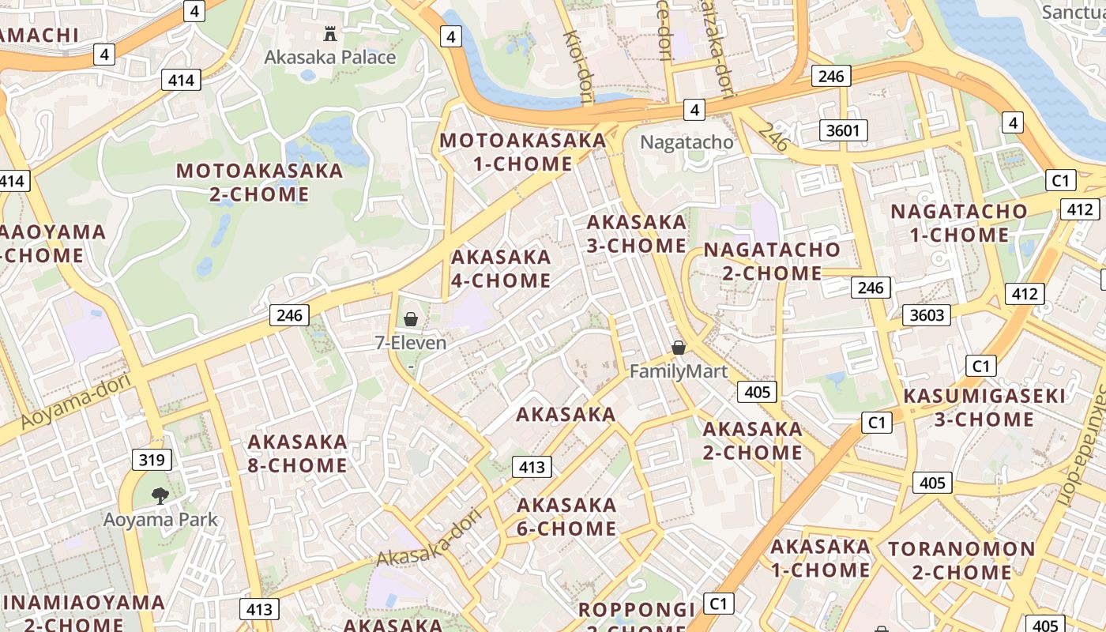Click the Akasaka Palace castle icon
pos(330,34)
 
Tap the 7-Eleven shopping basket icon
pos(411,319)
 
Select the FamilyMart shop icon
pos(678,348)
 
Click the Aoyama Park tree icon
pos(160,496)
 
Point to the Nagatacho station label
pos(686,143)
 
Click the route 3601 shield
pos(843,130)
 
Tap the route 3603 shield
pos(927,315)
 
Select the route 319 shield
pos(151,460)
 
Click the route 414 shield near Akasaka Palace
pos(181,80)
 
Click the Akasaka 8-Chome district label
pos(297,453)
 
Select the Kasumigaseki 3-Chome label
pos(984,408)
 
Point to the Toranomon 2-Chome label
pos(961,560)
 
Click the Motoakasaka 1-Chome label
pos(522,152)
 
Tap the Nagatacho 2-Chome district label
pos(772,261)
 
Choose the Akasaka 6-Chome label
pos(566,517)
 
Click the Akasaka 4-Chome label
pos(501,269)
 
